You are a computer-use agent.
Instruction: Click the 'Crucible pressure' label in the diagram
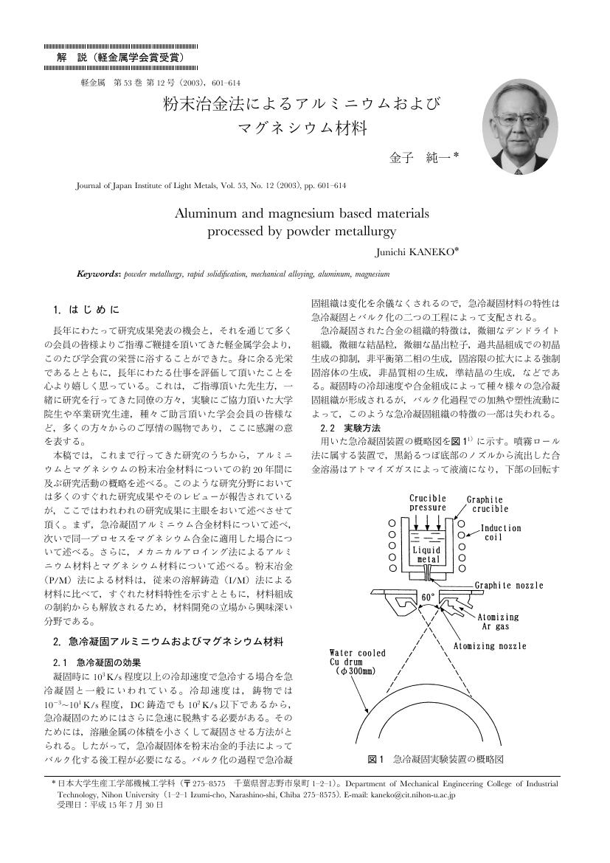click(x=427, y=503)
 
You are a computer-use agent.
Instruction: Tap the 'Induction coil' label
click(x=501, y=533)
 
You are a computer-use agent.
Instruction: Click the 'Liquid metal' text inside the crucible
click(x=427, y=554)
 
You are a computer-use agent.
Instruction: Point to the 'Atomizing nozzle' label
click(x=490, y=646)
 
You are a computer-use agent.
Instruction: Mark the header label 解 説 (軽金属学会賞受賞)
click(x=119, y=57)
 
